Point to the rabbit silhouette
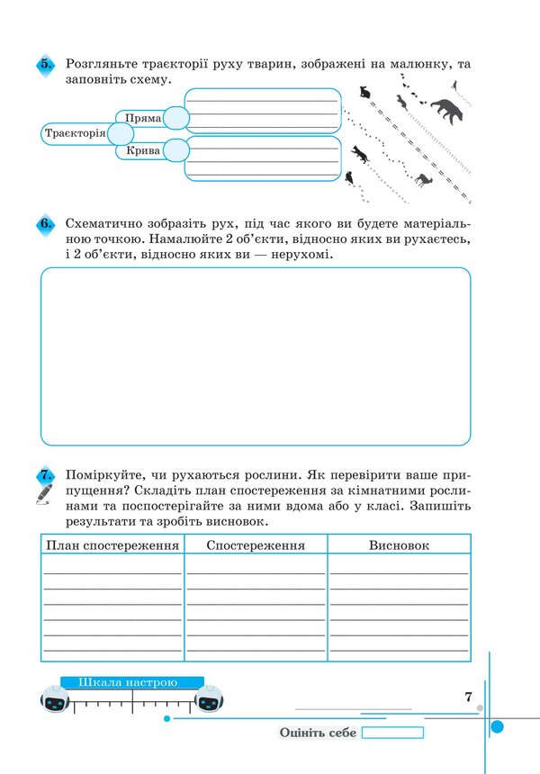pyautogui.click(x=364, y=92)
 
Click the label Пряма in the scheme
pyautogui.click(x=143, y=118)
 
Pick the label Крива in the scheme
pyautogui.click(x=143, y=150)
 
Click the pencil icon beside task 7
pyautogui.click(x=44, y=494)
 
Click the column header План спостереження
pyautogui.click(x=112, y=545)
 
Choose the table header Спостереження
pyautogui.click(x=256, y=545)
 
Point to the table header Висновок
pyautogui.click(x=399, y=545)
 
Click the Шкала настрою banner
pyautogui.click(x=131, y=682)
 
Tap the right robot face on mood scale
pyautogui.click(x=209, y=700)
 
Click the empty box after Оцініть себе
pyautogui.click(x=392, y=733)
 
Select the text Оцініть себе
pyautogui.click(x=318, y=733)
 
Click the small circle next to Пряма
pyautogui.click(x=176, y=118)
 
